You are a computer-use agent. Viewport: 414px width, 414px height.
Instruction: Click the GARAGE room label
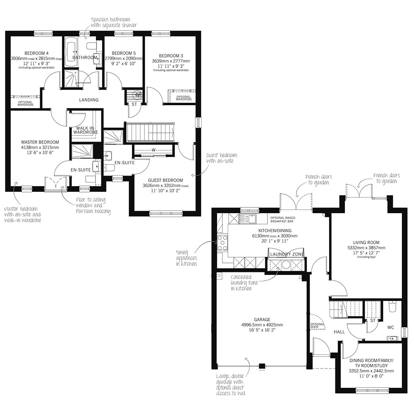click(262, 320)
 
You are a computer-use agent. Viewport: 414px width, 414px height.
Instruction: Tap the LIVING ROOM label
click(366, 242)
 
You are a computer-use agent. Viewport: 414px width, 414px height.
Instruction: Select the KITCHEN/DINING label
click(274, 231)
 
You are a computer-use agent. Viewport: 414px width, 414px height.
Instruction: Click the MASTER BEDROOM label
click(40, 142)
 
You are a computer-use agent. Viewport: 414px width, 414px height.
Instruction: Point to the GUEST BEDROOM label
click(165, 180)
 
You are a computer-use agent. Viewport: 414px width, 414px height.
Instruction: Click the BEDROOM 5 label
click(123, 53)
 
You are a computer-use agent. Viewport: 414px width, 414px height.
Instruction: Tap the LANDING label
click(89, 100)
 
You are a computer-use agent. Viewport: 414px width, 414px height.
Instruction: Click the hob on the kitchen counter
click(222, 242)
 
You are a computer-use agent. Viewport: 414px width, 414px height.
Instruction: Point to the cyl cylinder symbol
click(138, 94)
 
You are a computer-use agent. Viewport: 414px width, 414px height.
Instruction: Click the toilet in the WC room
click(392, 306)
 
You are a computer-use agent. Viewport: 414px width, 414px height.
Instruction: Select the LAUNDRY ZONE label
click(287, 254)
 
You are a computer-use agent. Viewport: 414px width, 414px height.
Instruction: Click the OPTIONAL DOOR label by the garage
click(317, 325)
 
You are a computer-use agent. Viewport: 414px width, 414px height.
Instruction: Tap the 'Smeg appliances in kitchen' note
click(186, 258)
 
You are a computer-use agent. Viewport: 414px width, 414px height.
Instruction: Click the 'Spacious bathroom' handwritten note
click(114, 22)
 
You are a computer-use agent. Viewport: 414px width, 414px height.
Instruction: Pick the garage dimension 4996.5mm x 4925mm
click(262, 325)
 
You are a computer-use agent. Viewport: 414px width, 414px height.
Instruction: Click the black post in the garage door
click(262, 366)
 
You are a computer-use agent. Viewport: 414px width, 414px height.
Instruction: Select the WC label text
click(390, 327)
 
